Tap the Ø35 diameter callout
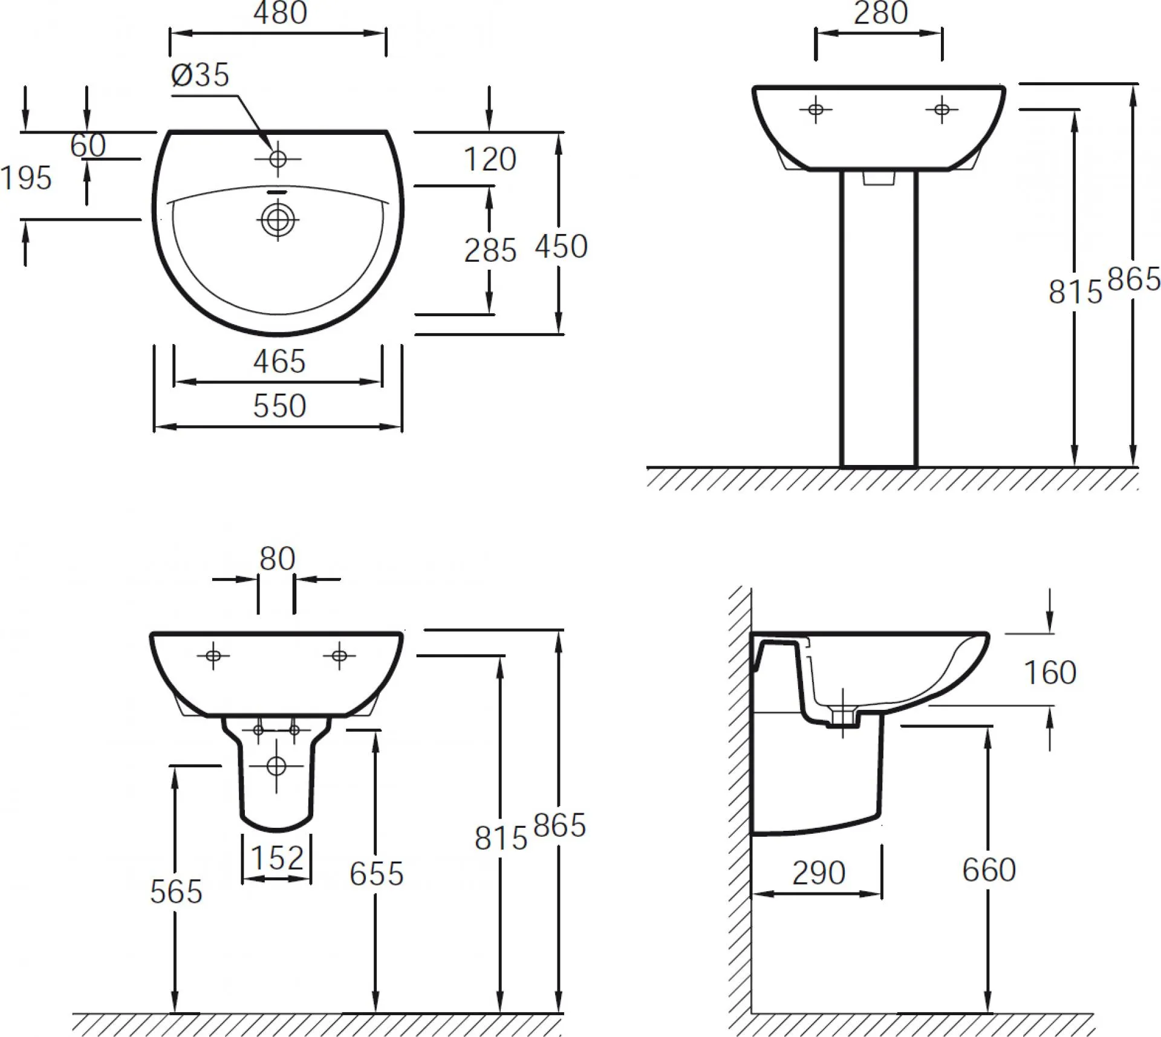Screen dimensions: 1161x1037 click(x=200, y=75)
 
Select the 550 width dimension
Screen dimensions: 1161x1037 click(x=279, y=406)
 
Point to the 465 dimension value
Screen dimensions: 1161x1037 click(x=279, y=362)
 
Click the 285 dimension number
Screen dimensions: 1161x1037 click(x=490, y=250)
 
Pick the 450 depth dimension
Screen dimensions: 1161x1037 click(x=561, y=246)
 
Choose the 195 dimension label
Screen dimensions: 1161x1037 click(x=26, y=178)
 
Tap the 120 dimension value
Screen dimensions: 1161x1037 click(x=490, y=160)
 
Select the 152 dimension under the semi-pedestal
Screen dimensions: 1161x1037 click(x=277, y=857)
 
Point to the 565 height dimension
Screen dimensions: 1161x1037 click(x=176, y=892)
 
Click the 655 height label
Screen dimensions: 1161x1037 click(x=376, y=874)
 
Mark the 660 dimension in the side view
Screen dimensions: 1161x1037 click(x=989, y=870)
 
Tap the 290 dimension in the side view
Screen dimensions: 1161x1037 click(x=819, y=873)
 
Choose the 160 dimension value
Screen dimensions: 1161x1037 click(x=1050, y=672)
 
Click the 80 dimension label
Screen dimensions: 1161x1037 click(x=277, y=559)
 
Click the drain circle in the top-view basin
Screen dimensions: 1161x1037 click(x=278, y=219)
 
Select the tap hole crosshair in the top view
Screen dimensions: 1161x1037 click(x=278, y=159)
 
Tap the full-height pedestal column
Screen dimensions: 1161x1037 click(x=879, y=319)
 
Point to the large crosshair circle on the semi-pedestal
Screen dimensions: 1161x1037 click(x=276, y=766)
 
